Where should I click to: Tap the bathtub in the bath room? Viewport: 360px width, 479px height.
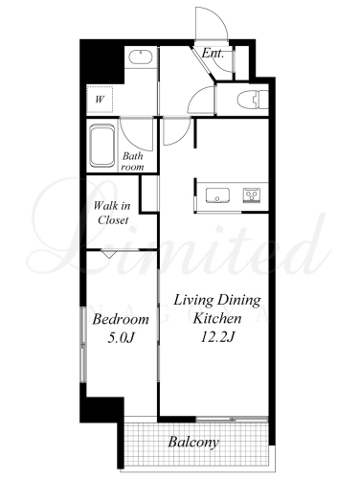102,146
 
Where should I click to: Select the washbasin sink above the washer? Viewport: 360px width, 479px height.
140,57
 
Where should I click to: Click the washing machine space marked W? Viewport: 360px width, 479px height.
100,100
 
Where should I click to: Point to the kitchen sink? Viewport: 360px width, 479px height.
217,195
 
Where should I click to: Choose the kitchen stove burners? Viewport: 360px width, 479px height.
252,194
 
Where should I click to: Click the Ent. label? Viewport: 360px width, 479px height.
213,53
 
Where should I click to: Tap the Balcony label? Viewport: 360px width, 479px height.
193,442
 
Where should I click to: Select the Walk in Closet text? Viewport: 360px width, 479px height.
112,213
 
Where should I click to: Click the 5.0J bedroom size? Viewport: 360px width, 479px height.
120,337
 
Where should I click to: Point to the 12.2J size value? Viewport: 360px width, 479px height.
217,336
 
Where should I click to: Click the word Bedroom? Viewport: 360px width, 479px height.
121,319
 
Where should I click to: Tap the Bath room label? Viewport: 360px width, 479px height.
133,161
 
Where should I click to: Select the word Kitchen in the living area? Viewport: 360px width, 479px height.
217,318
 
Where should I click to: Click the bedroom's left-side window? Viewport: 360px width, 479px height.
83,344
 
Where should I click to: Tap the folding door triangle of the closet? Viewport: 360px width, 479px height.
108,254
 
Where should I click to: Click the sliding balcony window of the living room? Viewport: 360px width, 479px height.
232,419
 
